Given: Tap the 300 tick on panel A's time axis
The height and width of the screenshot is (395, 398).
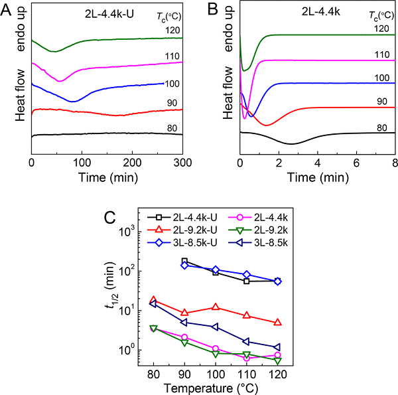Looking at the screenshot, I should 183,161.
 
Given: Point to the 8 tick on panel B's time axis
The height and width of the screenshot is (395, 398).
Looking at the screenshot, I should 395,161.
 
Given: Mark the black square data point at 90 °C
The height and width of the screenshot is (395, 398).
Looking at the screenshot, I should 184,261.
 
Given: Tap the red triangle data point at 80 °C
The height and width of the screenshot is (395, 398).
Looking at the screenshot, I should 153,300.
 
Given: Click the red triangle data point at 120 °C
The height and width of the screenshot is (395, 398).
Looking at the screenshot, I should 277,323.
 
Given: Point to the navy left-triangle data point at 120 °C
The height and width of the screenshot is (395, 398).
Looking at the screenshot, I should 277,347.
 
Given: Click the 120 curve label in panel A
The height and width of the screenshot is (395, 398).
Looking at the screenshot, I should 173,30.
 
